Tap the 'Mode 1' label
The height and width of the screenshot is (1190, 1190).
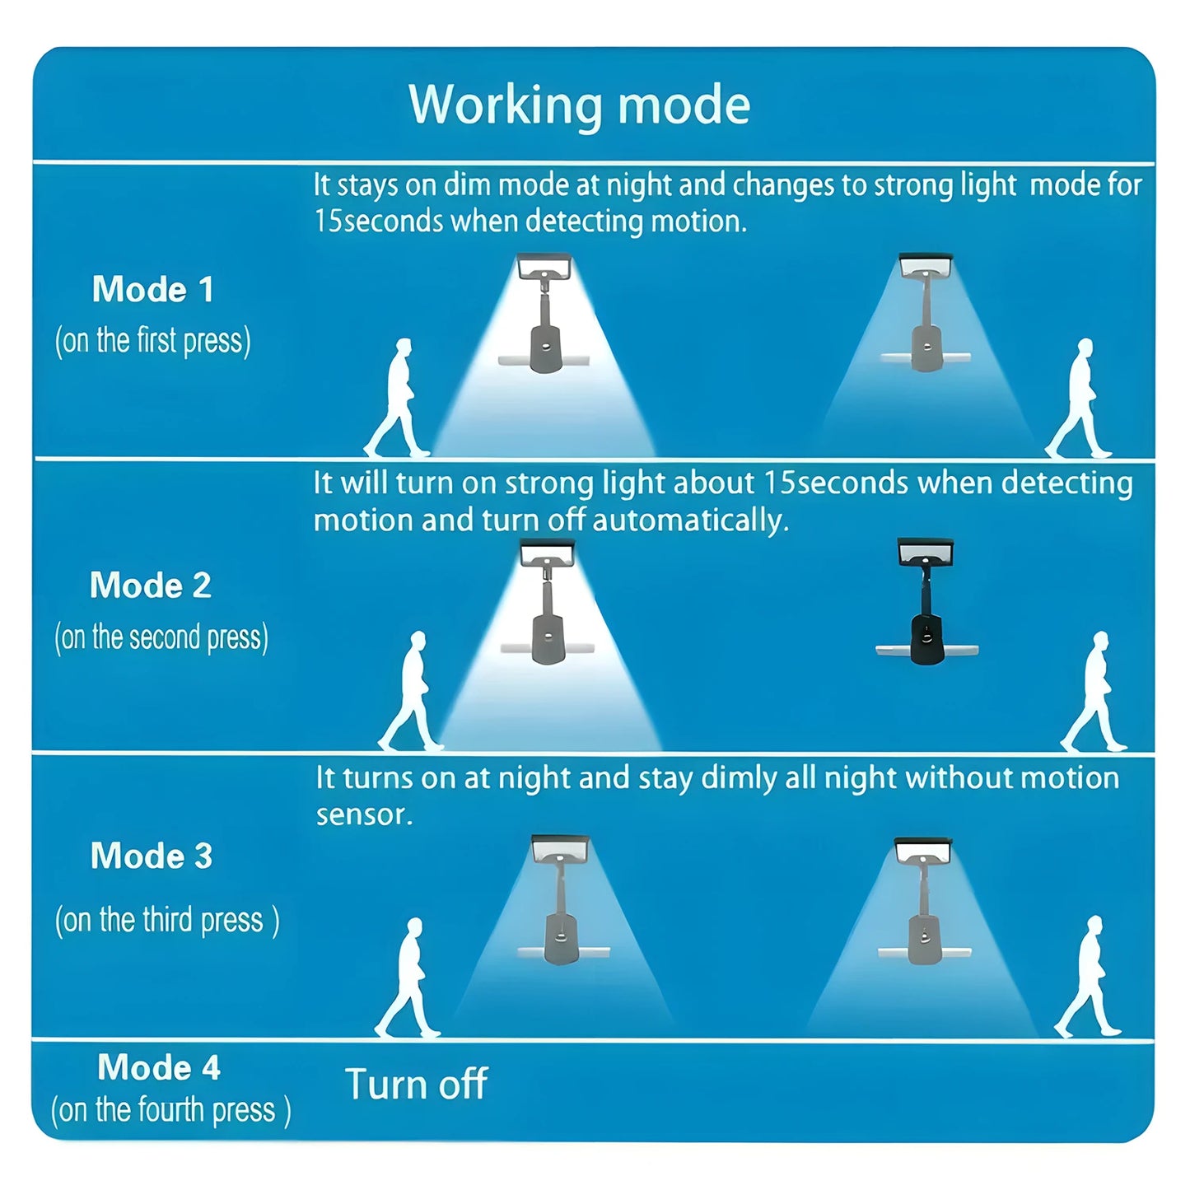coord(152,289)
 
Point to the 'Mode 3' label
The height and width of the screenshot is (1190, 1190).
coord(152,856)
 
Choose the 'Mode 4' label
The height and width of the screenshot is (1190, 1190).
coord(159,1066)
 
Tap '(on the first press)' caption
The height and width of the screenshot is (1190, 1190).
coord(152,341)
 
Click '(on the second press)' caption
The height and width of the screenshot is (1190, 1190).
coord(161,637)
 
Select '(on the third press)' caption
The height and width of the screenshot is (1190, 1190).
coord(166,920)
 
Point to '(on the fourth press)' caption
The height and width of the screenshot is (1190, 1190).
coord(170,1109)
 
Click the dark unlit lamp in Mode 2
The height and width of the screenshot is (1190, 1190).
coord(926,601)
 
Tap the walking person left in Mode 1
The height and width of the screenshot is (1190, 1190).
coord(397,398)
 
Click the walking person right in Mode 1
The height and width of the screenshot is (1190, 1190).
coord(1078,398)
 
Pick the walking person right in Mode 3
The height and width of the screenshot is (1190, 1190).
coord(1088,977)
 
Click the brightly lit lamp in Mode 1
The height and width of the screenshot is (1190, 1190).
coord(544,313)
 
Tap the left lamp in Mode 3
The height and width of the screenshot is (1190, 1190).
coord(562,900)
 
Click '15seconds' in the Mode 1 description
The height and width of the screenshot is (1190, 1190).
coord(379,221)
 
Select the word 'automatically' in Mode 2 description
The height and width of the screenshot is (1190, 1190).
coord(690,520)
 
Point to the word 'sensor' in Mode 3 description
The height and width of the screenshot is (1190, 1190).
coord(364,814)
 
